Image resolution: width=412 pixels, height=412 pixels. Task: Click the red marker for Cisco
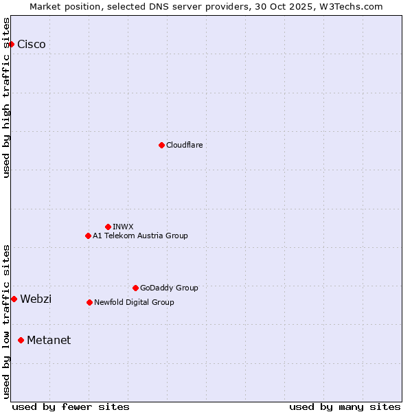click(11, 44)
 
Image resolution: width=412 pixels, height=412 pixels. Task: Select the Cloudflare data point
click(161, 145)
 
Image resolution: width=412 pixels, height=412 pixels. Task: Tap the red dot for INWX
click(108, 227)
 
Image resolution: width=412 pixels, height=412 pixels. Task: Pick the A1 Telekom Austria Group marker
click(88, 236)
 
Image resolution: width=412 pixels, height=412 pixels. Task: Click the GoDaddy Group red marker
click(135, 288)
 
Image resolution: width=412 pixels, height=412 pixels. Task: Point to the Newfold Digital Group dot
click(89, 302)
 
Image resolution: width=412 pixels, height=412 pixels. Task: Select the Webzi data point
click(14, 299)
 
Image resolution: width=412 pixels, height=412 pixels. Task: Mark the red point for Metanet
click(21, 340)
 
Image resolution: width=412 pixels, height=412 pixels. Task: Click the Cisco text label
click(32, 45)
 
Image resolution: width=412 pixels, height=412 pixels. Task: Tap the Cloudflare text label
click(185, 145)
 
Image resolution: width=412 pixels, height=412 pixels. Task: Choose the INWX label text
click(124, 227)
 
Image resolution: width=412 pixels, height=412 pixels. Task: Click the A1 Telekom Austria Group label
click(140, 236)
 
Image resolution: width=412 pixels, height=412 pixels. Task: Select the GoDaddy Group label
click(169, 288)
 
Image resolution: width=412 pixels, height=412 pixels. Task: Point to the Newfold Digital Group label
click(134, 302)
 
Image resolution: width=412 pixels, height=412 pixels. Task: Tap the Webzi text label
click(36, 299)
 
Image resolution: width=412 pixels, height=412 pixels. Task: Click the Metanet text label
click(49, 340)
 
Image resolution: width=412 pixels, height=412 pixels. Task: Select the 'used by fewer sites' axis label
click(71, 407)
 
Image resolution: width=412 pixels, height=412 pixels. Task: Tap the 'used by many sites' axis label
click(345, 407)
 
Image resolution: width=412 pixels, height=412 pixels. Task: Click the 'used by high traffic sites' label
click(7, 98)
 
